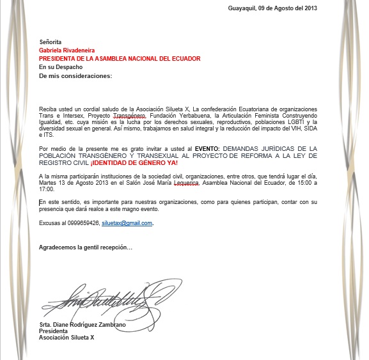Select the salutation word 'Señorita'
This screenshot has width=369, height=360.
[51, 42]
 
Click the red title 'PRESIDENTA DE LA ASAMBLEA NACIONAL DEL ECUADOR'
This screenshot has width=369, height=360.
[120, 58]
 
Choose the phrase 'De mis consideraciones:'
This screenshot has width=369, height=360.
[75, 75]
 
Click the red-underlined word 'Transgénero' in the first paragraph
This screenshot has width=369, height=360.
[130, 116]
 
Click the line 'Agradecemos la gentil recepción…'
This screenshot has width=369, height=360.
[86, 247]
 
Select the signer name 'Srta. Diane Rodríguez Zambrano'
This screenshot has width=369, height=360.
[82, 325]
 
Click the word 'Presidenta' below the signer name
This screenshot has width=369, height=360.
[53, 331]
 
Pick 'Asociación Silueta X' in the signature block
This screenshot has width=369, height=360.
[67, 338]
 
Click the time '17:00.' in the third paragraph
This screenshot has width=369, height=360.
[46, 189]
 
